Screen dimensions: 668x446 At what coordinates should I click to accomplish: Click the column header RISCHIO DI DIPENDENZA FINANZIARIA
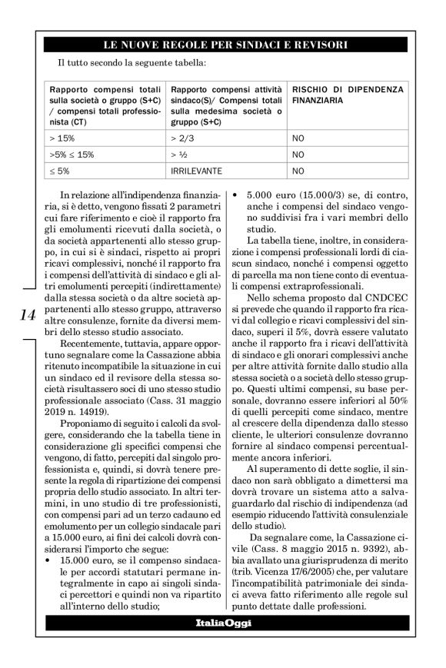[347, 95]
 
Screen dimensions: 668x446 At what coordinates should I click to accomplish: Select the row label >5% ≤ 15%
[72, 155]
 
